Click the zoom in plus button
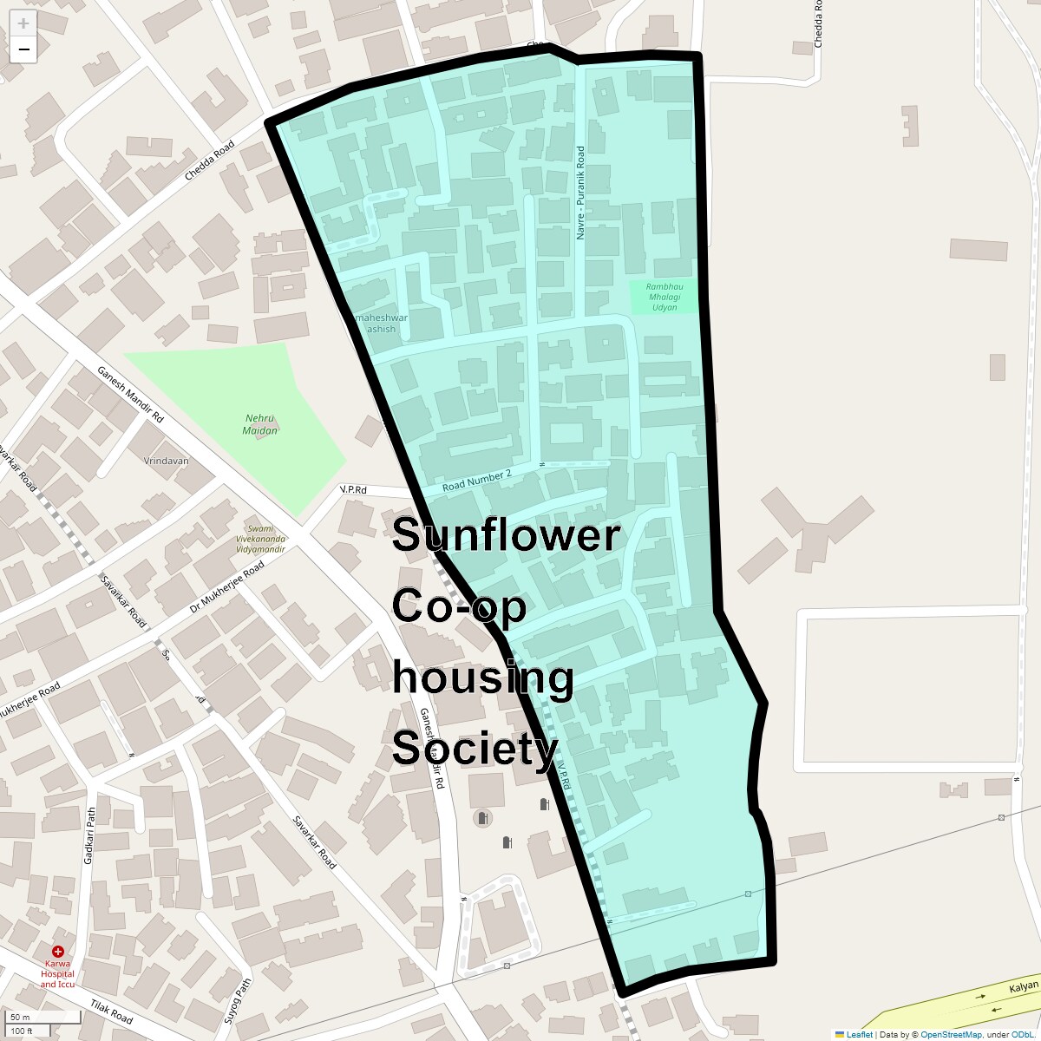23,24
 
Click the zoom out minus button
23,49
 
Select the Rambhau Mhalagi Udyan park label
664,297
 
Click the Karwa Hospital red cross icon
58,952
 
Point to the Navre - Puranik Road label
580,193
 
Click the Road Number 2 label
476,480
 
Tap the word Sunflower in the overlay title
506,535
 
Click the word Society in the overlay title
475,749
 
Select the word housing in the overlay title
483,678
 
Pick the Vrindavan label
167,462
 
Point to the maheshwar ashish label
381,324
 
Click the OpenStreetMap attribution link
951,1034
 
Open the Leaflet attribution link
859,1034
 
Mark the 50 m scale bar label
20,1017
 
